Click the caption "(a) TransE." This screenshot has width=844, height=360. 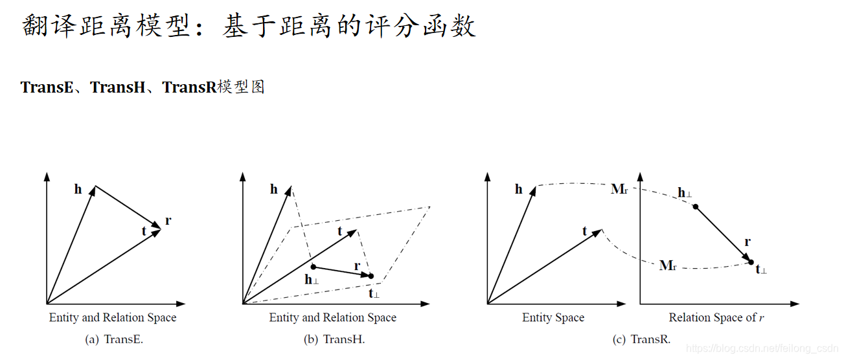(x=114, y=339)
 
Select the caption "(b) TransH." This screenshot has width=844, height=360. (x=334, y=339)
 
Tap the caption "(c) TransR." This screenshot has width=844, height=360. (x=641, y=339)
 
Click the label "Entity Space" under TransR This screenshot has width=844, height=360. (x=553, y=318)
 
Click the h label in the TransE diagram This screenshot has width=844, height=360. (x=78, y=190)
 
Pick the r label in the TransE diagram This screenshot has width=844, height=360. (x=168, y=221)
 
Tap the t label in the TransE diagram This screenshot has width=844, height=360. (x=144, y=231)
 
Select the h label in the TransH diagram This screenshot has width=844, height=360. (x=274, y=190)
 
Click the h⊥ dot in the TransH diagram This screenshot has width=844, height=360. (x=314, y=267)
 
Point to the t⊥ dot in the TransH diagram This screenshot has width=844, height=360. (x=371, y=276)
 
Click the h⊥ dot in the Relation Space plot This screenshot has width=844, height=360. (x=696, y=207)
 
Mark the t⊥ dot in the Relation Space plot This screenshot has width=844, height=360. (x=751, y=262)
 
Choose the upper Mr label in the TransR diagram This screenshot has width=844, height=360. (x=619, y=189)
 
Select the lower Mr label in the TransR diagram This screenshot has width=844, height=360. (x=668, y=265)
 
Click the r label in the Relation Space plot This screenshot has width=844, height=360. (x=747, y=242)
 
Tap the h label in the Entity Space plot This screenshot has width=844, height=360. (x=519, y=190)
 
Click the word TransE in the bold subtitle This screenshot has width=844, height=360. (x=47, y=87)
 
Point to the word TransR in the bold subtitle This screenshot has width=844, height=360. (x=188, y=87)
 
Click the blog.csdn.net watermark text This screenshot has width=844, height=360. (x=762, y=349)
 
